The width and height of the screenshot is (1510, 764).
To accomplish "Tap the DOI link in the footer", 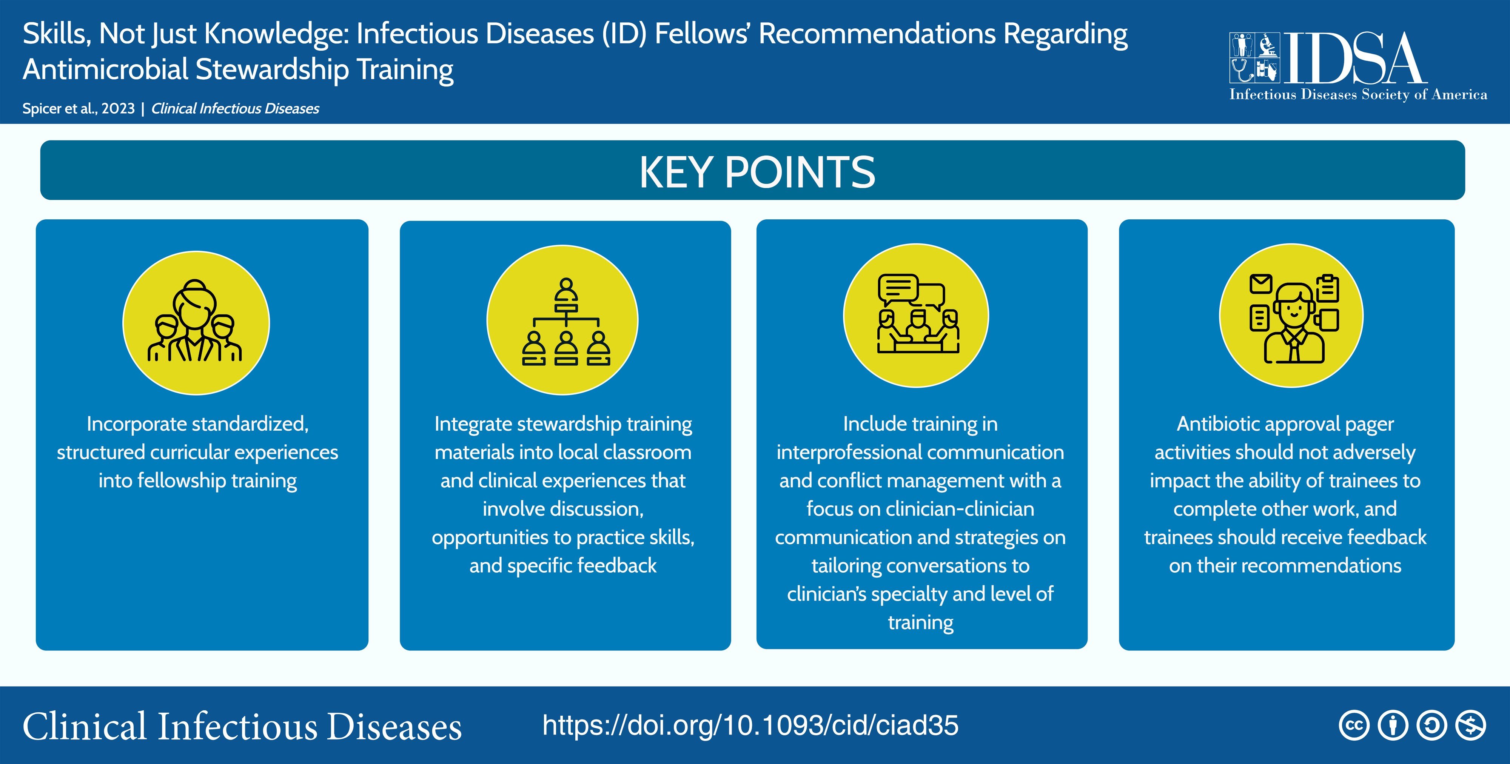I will point(750,725).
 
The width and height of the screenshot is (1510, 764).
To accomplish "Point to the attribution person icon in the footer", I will point(1393,725).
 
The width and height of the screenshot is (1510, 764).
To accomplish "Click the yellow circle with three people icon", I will point(196,322).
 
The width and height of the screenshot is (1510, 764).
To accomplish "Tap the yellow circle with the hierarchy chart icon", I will point(562,320).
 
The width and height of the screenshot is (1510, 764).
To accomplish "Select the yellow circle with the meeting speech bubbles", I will point(915,316).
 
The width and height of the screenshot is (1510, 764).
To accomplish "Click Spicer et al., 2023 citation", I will point(79,108).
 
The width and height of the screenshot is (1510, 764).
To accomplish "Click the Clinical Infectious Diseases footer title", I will point(242,727).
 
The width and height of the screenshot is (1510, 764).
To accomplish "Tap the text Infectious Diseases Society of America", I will point(1357,94).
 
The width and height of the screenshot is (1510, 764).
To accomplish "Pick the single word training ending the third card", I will point(920,622).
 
